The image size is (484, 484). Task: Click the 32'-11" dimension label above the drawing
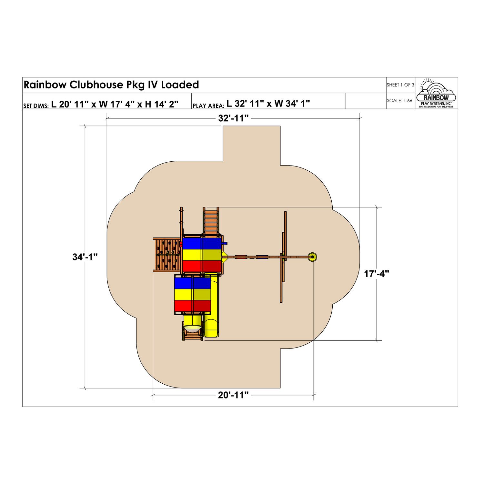point(233,118)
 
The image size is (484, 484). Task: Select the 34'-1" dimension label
point(85,257)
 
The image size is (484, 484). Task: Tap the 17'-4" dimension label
point(377,274)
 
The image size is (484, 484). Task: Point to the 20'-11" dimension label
point(233,395)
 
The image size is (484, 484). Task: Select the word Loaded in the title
point(180,85)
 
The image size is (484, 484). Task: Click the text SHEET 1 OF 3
point(400,85)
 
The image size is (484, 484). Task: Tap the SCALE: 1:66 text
point(399,101)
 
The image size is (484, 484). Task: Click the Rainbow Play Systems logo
point(436,93)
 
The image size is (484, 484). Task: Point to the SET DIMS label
point(36,106)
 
